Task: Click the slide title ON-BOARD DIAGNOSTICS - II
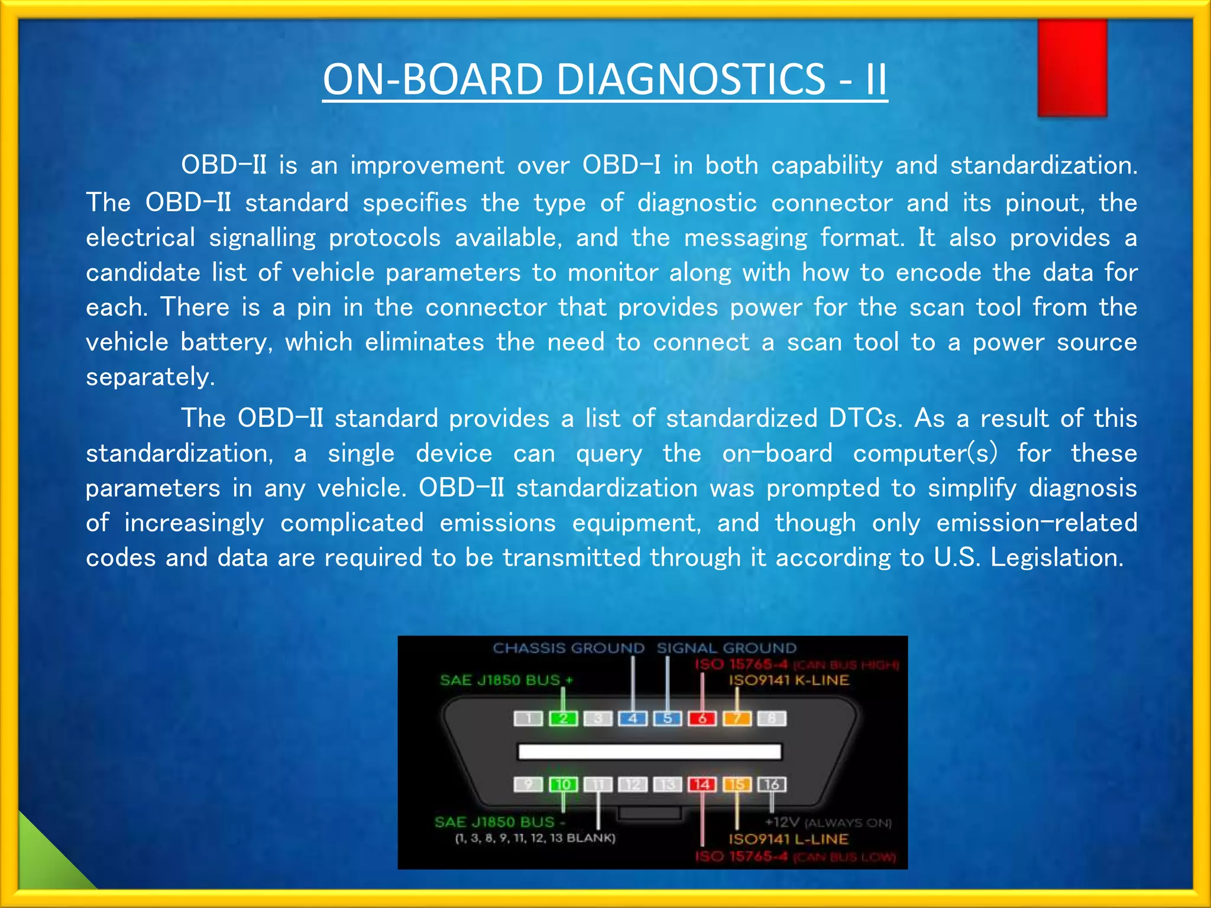604,79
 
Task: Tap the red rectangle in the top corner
1071,67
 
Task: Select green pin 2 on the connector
563,718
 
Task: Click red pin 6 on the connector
702,718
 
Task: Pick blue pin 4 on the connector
633,718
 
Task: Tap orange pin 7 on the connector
737,718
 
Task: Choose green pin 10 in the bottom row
563,784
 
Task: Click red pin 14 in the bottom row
702,784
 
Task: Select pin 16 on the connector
772,784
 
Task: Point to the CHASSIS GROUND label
568,648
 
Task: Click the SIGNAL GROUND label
726,648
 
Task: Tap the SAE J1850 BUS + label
506,680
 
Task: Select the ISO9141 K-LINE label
788,680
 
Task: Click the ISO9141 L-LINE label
788,839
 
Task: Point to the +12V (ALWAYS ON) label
828,822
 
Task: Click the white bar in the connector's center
649,751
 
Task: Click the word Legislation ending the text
1056,557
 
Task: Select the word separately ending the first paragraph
150,377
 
